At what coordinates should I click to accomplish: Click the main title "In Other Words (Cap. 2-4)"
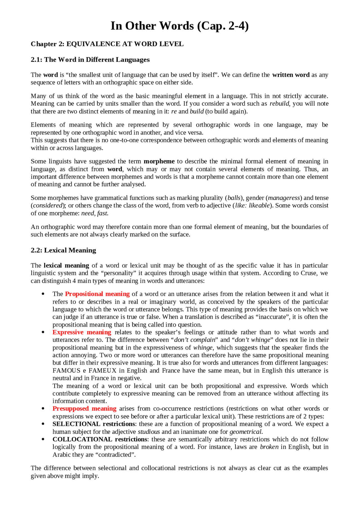tap(179, 26)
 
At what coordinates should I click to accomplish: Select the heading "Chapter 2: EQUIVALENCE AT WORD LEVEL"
tap(107, 44)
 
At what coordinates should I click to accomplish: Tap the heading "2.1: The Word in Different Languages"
tap(90, 60)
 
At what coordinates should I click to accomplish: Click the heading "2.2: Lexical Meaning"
tap(63, 250)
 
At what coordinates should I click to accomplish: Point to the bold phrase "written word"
tap(291, 75)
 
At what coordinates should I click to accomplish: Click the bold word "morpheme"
tap(159, 161)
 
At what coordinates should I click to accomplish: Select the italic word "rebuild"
tap(279, 104)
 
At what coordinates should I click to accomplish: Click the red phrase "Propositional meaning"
tap(97, 294)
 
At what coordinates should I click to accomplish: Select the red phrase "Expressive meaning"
tap(82, 332)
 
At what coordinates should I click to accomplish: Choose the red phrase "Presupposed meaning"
tap(84, 409)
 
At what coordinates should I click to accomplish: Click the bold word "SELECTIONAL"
tap(76, 424)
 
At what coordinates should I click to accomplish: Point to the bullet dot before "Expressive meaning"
tap(43, 332)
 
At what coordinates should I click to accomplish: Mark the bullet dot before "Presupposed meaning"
tap(43, 409)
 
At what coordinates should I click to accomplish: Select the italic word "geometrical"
tap(246, 432)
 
